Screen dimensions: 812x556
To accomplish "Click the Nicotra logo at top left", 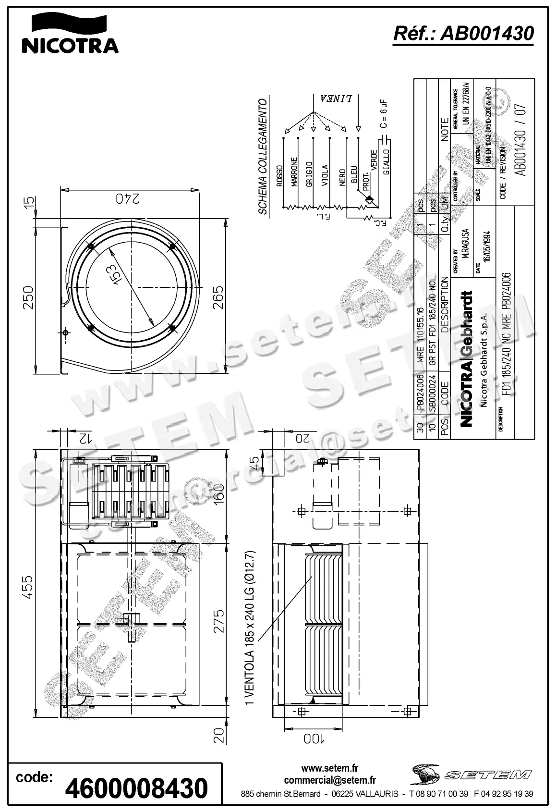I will pyautogui.click(x=70, y=34).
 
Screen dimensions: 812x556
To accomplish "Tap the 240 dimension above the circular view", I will pyautogui.click(x=128, y=198).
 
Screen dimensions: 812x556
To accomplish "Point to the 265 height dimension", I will pyautogui.click(x=218, y=298).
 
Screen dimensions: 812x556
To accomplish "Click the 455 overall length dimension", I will pyautogui.click(x=28, y=587).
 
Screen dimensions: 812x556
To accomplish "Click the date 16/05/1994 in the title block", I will pyautogui.click(x=487, y=246).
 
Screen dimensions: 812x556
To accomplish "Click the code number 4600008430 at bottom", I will pyautogui.click(x=136, y=788).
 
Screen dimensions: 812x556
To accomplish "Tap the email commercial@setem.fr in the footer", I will pyautogui.click(x=329, y=780).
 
